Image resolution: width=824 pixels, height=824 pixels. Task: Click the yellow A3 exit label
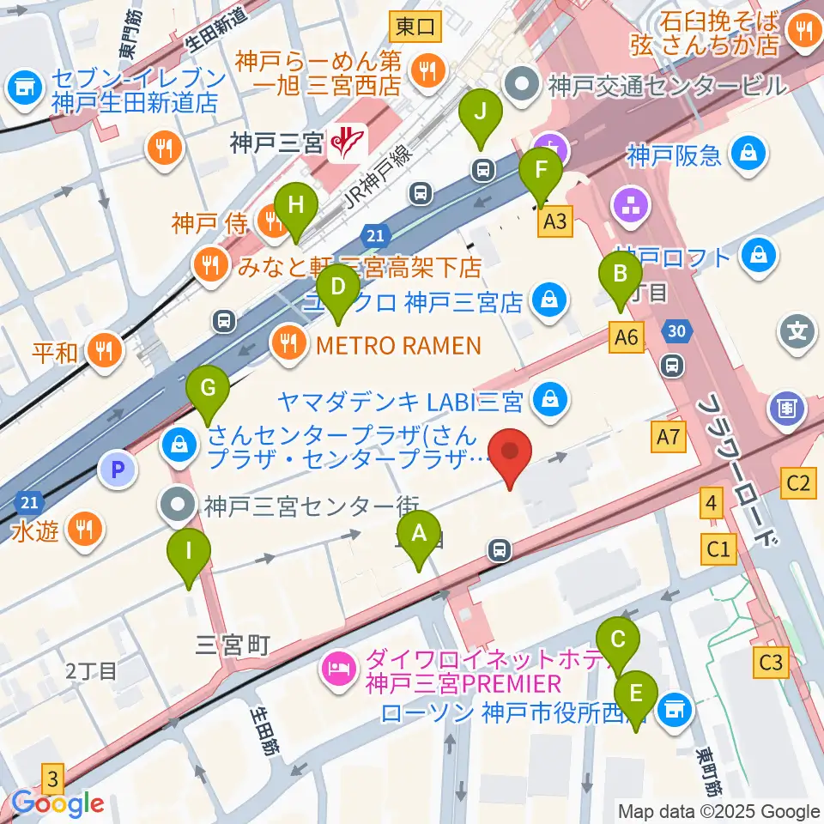pyautogui.click(x=555, y=223)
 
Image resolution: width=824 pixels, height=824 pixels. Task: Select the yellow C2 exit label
pyautogui.click(x=798, y=482)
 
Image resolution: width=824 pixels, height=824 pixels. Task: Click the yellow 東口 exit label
pyautogui.click(x=415, y=27)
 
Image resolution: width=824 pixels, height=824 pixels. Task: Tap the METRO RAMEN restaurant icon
pyautogui.click(x=286, y=345)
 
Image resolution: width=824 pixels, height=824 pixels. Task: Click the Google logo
pyautogui.click(x=58, y=804)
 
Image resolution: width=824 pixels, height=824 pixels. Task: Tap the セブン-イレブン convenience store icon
pyautogui.click(x=23, y=86)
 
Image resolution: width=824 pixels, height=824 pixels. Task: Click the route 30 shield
pyautogui.click(x=676, y=330)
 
